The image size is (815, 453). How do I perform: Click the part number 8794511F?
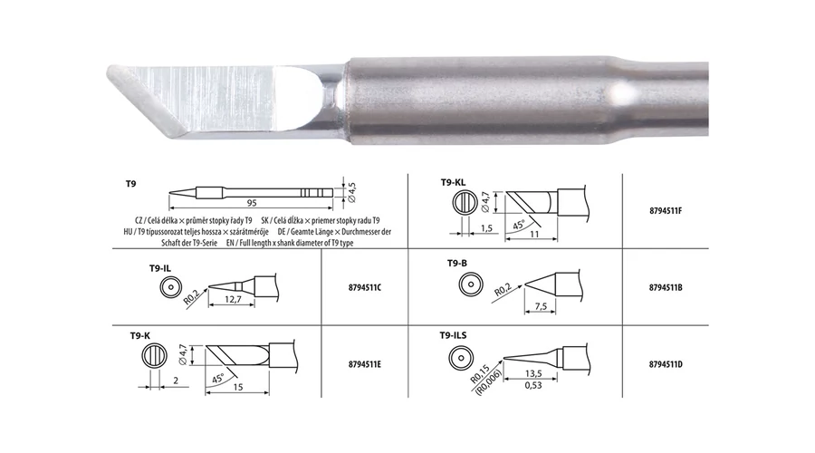point(666,211)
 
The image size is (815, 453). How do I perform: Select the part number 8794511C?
point(365,287)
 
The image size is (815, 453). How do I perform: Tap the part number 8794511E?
point(365,364)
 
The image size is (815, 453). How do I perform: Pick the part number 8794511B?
point(666,287)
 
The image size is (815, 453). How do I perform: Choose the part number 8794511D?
point(666,364)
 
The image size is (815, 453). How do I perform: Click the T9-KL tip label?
point(454,182)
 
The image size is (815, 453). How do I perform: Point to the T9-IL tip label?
point(160,268)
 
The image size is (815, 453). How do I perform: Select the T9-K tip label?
point(139,336)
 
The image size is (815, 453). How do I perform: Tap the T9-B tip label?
point(457,263)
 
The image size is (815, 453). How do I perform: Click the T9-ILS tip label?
point(454,335)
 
